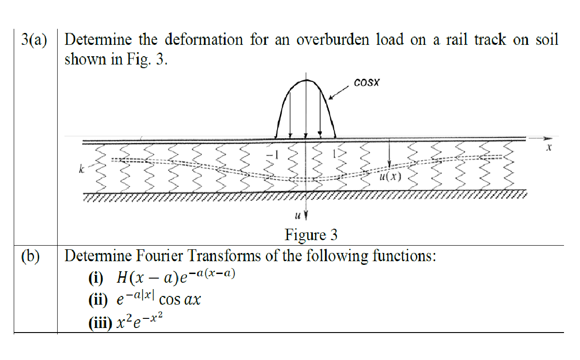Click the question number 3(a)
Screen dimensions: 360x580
coord(34,40)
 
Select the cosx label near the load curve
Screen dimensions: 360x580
coord(366,83)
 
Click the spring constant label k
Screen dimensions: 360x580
coord(81,170)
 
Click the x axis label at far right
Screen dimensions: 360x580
coord(549,148)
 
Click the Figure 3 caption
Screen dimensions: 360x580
coord(311,235)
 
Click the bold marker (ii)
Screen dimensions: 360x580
coord(98,301)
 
